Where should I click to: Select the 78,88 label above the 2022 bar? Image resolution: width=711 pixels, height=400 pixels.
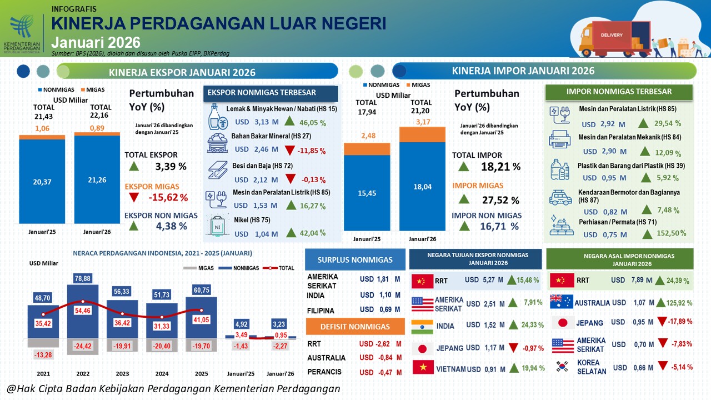coord(83,278)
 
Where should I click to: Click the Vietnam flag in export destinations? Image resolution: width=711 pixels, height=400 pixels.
coord(423,367)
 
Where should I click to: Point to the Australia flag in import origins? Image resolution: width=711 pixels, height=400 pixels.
coord(561,302)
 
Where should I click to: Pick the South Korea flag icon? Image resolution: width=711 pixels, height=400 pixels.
coord(562,366)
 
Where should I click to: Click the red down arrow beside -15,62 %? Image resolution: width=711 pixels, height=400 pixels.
coord(134,197)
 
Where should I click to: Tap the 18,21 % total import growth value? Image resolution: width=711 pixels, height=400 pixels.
coord(500,167)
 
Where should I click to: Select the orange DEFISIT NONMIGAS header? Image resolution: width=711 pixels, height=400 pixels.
coord(355,326)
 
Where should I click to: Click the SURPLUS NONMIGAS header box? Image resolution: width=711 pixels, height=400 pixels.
coord(355,259)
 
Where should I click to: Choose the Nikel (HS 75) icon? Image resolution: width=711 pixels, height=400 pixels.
coord(217,226)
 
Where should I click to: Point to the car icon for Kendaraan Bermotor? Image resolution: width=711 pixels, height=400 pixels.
coord(560,198)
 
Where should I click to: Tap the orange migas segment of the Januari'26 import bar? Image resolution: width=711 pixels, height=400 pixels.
coord(423,134)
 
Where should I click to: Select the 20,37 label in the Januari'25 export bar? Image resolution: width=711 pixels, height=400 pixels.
coord(42,182)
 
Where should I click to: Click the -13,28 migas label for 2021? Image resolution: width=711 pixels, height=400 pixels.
coord(43,354)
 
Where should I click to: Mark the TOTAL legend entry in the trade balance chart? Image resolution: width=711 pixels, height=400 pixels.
coord(279,268)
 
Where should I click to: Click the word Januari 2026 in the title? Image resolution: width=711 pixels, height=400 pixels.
coord(96,43)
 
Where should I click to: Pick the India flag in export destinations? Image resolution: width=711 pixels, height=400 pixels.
coord(422,327)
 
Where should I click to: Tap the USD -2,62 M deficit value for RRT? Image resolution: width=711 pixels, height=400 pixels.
coord(380,344)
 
